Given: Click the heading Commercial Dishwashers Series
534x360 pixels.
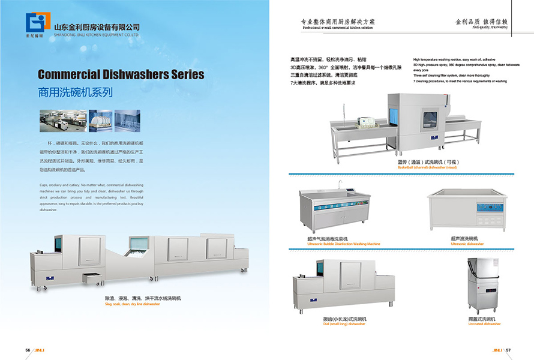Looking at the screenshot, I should [x=121, y=75].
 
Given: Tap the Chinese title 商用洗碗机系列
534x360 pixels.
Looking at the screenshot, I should [x=75, y=93].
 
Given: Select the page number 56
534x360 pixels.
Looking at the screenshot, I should [x=28, y=350].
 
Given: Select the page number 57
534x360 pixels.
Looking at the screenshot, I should [x=508, y=350].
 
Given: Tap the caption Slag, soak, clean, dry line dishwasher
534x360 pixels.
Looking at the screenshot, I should [x=132, y=304].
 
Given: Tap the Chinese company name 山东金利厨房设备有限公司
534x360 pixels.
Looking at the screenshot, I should [x=97, y=27].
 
